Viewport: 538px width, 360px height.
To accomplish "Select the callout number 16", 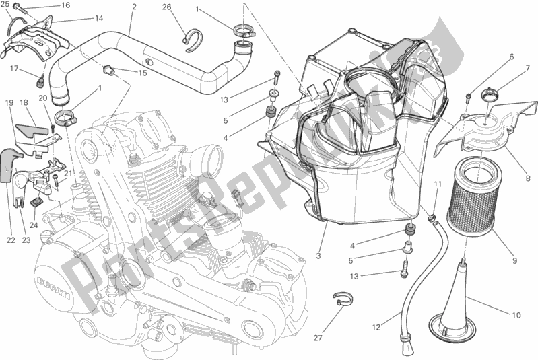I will (x=65, y=5).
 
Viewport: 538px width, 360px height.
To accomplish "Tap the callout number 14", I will (x=99, y=18).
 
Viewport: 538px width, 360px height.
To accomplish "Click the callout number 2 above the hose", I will (x=135, y=7).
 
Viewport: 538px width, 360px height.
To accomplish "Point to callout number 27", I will (x=319, y=337).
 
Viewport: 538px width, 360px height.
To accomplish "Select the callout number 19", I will (x=9, y=103).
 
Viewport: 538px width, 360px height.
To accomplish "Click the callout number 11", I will (x=438, y=184).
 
